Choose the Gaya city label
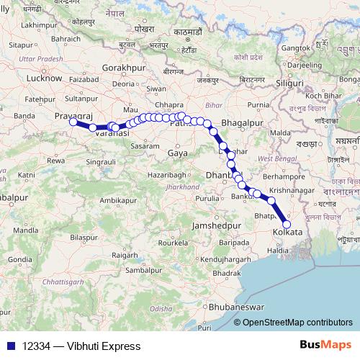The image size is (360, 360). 176,153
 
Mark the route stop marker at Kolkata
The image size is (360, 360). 287,225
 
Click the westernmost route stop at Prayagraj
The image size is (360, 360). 73,122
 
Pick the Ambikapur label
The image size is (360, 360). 120,199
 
